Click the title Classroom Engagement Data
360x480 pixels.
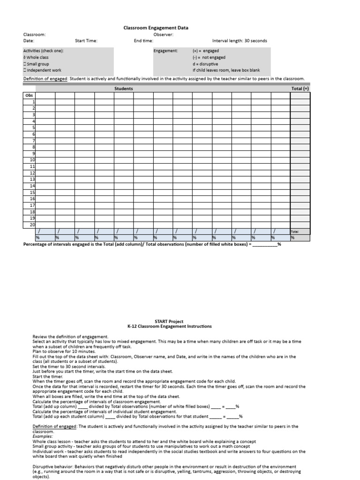pyautogui.click(x=156, y=28)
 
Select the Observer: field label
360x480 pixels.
pyautogui.click(x=163, y=34)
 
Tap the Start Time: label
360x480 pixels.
pyautogui.click(x=86, y=41)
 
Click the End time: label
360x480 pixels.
pyautogui.click(x=143, y=41)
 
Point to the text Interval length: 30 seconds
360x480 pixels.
pyautogui.click(x=240, y=41)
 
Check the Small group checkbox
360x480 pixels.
pyautogui.click(x=25, y=64)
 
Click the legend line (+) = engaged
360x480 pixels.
pyautogui.click(x=205, y=51)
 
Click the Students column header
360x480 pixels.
pyautogui.click(x=123, y=89)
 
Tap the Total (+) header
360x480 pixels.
pyautogui.click(x=300, y=89)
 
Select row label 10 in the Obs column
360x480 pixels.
pyautogui.click(x=32, y=160)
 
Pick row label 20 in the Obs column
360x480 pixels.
pyautogui.click(x=32, y=225)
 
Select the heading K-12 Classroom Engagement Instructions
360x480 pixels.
pyautogui.click(x=170, y=327)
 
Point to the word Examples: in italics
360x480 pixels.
pyautogui.click(x=43, y=436)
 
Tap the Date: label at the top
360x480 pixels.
pyautogui.click(x=29, y=41)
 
